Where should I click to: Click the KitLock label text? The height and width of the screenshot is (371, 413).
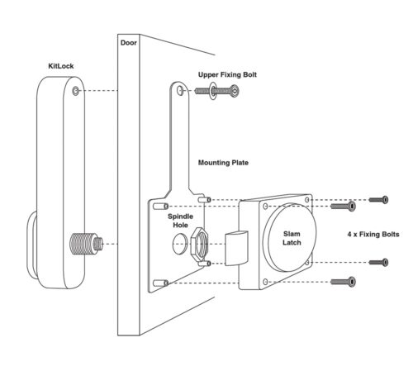[x=61, y=66]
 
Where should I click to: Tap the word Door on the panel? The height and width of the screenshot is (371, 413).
[x=129, y=43]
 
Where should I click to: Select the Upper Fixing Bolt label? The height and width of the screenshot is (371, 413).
[x=227, y=74]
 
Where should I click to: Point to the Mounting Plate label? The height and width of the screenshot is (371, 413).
[x=223, y=163]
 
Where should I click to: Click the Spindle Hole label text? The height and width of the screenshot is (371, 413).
[x=180, y=221]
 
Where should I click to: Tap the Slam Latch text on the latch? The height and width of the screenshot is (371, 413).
[x=292, y=238]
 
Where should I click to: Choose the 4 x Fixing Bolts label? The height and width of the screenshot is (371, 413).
[x=373, y=235]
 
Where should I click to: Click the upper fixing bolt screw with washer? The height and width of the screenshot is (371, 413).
[x=216, y=91]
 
